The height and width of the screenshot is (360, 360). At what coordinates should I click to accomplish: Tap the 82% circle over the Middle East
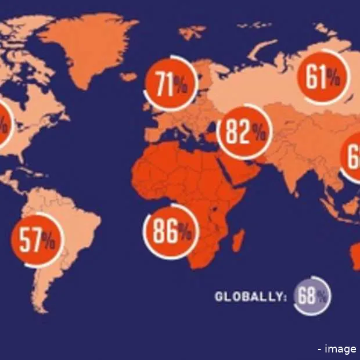(244, 132)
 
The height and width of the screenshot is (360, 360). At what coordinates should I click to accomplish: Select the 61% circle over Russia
(323, 77)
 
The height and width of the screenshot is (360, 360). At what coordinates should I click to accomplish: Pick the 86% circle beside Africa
(171, 232)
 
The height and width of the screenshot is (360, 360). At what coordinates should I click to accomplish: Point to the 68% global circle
(312, 296)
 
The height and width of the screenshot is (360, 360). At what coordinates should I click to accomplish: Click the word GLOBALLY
(250, 297)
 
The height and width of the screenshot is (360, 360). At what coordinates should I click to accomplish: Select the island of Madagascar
(237, 239)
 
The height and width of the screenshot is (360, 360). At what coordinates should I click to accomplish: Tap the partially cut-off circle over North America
(3, 125)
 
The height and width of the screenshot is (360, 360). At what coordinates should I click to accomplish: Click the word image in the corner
(341, 348)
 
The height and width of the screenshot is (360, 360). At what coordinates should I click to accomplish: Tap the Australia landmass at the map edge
(355, 255)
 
